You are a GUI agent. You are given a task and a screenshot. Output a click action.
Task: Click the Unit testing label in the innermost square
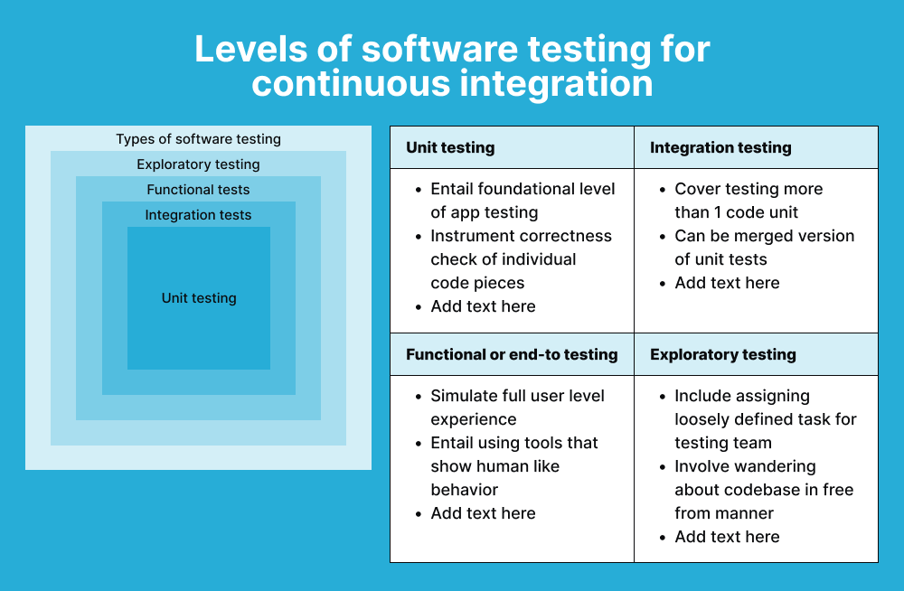pyautogui.click(x=199, y=298)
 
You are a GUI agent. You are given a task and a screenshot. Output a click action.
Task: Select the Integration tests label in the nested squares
pyautogui.click(x=198, y=215)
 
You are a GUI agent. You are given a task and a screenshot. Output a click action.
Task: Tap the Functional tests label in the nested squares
pyautogui.click(x=198, y=190)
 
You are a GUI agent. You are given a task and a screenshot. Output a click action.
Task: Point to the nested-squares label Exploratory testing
pyautogui.click(x=198, y=164)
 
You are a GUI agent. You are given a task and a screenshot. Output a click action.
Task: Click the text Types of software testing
pyautogui.click(x=198, y=139)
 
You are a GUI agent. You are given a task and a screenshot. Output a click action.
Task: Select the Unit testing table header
pyautogui.click(x=450, y=147)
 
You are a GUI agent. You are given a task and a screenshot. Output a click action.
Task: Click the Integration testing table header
pyautogui.click(x=720, y=147)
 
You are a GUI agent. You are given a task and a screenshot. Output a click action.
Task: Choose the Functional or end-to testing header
pyautogui.click(x=512, y=354)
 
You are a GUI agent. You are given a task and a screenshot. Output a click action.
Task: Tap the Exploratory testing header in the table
pyautogui.click(x=723, y=354)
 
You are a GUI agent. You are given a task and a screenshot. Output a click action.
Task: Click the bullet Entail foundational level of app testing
pyautogui.click(x=522, y=201)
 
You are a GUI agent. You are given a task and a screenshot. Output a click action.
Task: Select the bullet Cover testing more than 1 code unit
pyautogui.click(x=748, y=201)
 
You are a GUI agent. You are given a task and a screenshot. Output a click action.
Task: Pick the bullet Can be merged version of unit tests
pyautogui.click(x=764, y=248)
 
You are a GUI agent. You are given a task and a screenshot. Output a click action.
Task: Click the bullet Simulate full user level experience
pyautogui.click(x=517, y=408)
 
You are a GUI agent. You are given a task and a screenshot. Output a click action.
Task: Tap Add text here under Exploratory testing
pyautogui.click(x=727, y=537)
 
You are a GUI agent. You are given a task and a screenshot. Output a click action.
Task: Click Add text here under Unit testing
pyautogui.click(x=483, y=306)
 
